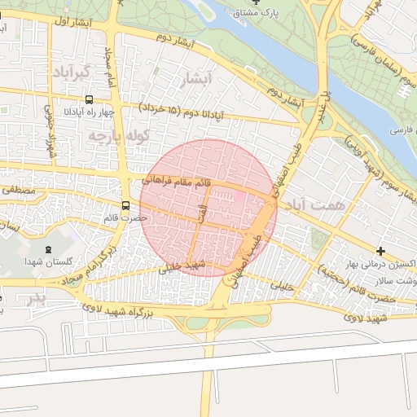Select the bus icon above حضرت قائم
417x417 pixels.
click(125, 205)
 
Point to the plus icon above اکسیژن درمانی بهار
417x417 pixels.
click(381, 249)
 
